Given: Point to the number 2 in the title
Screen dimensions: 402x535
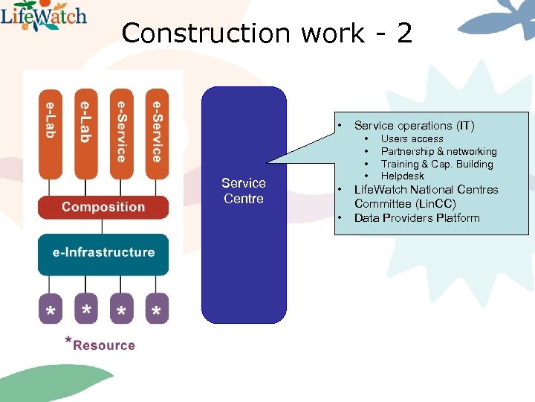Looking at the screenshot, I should pos(404,33).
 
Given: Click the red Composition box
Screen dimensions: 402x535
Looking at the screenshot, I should pos(103,207).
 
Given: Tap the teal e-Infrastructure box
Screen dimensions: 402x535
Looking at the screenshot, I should pos(103,252).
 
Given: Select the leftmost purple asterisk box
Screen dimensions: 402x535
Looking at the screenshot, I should pos(50,310).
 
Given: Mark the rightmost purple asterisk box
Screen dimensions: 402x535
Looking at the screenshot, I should pos(156,310).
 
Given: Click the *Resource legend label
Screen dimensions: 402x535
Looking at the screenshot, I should pos(100,345).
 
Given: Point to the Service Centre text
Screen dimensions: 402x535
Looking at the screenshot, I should pos(244,191).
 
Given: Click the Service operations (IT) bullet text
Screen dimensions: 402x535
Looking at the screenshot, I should pos(414,126).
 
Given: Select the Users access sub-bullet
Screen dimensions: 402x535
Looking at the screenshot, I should pos(412,139).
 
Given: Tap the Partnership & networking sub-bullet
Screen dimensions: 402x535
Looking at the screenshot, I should pos(438,152).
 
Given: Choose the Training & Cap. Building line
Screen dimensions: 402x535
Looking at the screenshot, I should pos(436,164).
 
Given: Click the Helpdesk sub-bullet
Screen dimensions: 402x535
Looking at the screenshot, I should pos(402,176).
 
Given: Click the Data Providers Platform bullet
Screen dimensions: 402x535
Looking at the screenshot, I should pos(417,218).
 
